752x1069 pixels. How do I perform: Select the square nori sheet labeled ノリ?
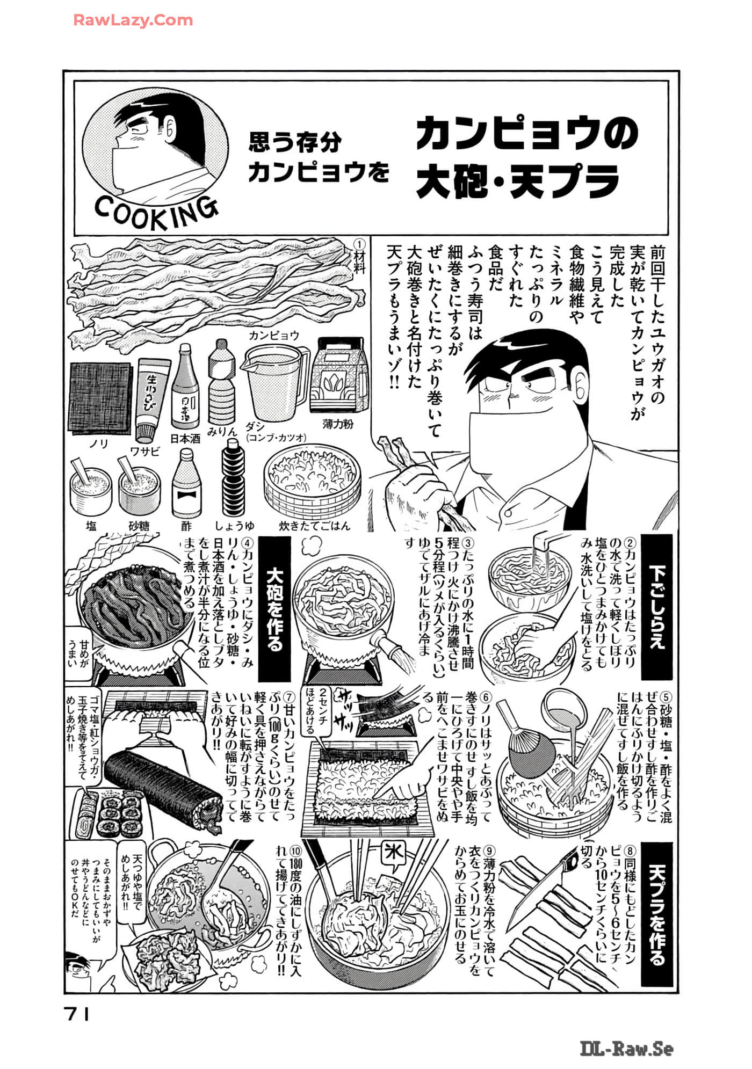pos(101,398)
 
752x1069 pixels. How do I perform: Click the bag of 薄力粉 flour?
pos(340,374)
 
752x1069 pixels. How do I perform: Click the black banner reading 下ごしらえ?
pos(656,607)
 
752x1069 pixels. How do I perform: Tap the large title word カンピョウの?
pos(526,134)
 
